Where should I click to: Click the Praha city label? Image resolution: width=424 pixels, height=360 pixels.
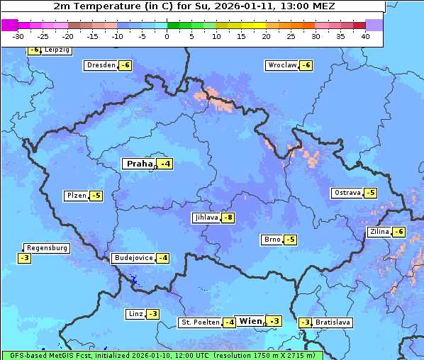(139, 164)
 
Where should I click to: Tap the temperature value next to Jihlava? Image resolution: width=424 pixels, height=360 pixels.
(228, 218)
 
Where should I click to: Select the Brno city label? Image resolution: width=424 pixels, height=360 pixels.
(272, 240)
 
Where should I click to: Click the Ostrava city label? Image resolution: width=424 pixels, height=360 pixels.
(347, 193)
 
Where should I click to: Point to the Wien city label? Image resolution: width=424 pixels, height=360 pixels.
(250, 321)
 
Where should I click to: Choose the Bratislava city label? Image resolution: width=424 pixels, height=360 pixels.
(333, 322)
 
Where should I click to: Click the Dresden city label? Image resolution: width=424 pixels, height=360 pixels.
(101, 65)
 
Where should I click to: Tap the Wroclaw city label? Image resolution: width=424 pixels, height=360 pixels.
(281, 65)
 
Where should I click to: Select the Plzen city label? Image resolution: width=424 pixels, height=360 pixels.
(75, 196)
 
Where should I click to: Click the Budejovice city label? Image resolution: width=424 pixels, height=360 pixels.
(133, 258)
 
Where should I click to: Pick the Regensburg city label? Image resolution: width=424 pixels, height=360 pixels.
(47, 248)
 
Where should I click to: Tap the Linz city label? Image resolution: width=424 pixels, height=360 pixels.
(135, 314)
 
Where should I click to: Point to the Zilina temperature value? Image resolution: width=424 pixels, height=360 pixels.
(399, 232)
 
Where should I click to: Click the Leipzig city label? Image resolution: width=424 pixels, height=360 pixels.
(57, 50)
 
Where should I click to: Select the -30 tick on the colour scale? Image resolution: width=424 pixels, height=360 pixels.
(18, 36)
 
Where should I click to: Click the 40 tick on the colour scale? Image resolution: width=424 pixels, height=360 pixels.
(365, 36)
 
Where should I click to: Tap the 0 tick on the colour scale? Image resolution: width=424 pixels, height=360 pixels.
(167, 36)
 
